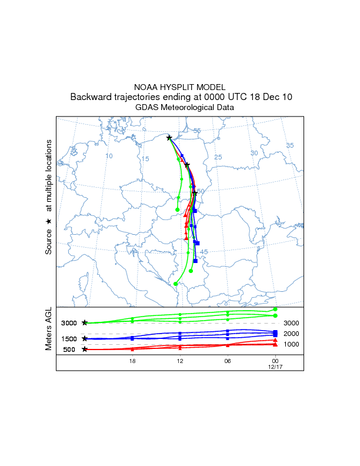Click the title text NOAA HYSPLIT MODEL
coord(180,86)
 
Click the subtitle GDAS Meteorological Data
coord(180,108)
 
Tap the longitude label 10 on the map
coord(109,156)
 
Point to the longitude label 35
coord(289,145)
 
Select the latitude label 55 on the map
coord(197,131)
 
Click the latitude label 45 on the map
coord(204,252)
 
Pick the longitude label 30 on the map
coord(254,153)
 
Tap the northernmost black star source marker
coord(169,138)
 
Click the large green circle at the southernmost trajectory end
coord(175,284)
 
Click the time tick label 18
coord(132,361)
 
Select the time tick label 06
coord(227,361)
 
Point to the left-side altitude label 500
coord(69,349)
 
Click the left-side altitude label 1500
coord(69,339)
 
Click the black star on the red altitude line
coord(85,349)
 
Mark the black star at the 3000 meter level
coord(85,323)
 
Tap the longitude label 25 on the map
coord(218,157)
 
